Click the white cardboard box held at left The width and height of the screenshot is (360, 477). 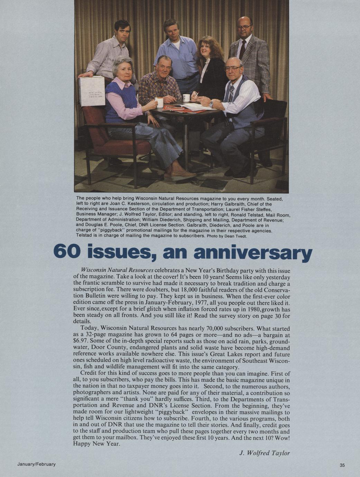pos(92,91)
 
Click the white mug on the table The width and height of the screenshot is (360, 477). pos(186,98)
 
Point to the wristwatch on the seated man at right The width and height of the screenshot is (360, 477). pos(211,104)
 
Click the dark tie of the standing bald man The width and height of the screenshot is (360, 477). pos(242,49)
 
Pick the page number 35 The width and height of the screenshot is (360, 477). pos(342,465)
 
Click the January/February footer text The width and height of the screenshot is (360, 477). pos(37,464)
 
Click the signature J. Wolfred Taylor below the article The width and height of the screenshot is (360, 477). pos(264,453)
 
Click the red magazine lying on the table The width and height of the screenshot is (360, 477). pos(175,108)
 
